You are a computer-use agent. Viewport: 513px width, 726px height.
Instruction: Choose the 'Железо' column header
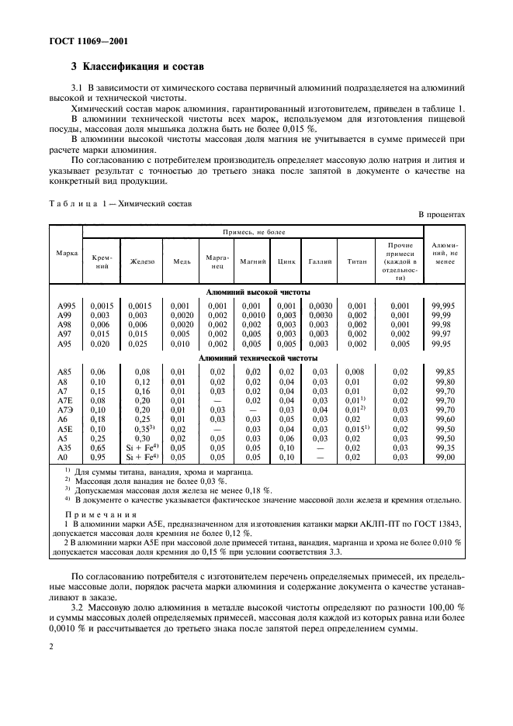143,262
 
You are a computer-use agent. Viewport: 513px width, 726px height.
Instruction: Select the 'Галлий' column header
319,262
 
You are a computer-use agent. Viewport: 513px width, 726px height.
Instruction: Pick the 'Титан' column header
356,262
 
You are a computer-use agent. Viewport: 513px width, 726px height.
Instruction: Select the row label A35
64,448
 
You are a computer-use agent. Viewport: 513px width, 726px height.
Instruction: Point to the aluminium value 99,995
445,306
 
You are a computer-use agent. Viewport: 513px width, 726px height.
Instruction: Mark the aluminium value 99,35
445,448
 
